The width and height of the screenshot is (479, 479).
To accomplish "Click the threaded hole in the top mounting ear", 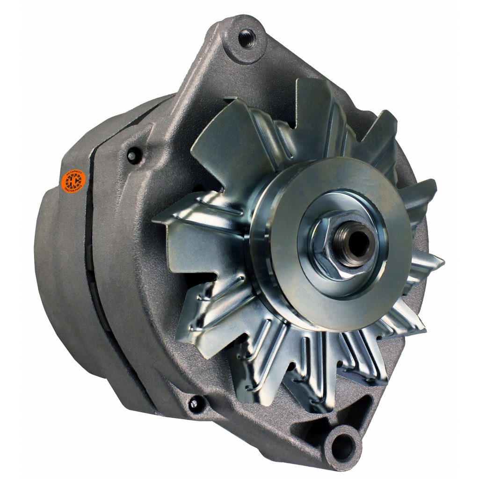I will (247, 37).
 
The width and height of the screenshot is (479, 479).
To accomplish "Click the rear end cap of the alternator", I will (61, 271).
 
